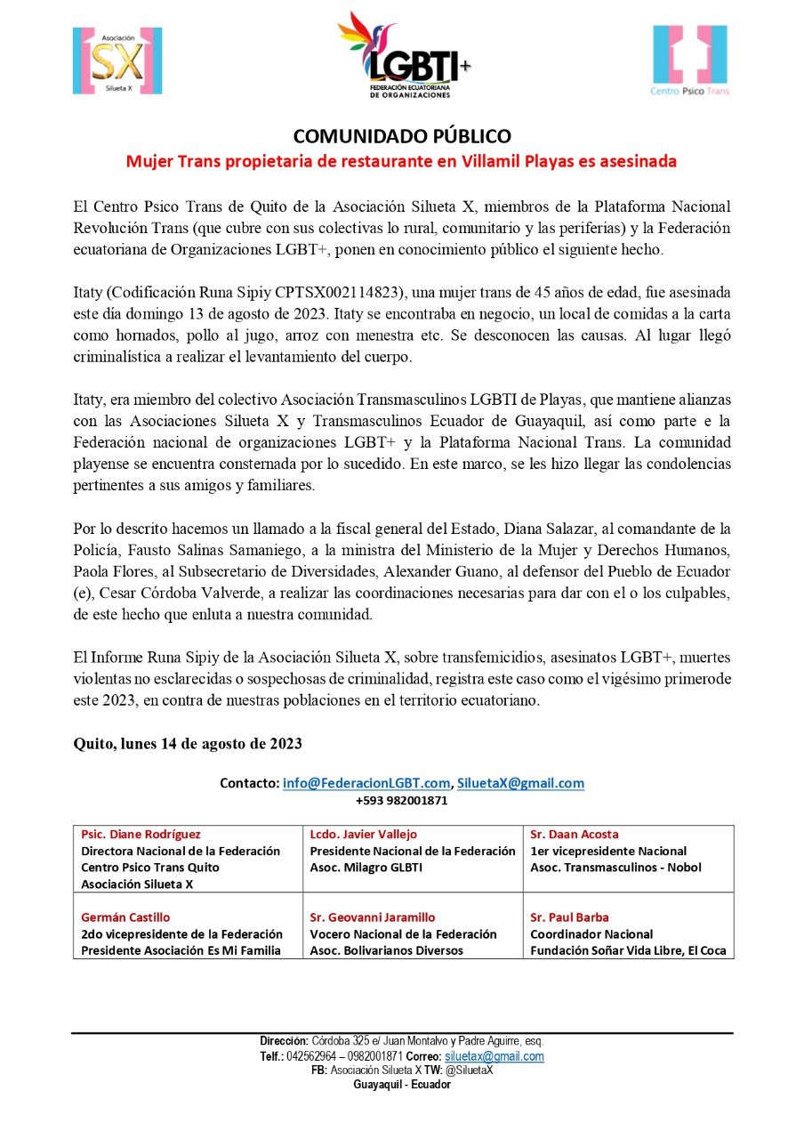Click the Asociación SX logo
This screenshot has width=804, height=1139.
tap(117, 61)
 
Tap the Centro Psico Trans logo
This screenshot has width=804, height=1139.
tap(689, 61)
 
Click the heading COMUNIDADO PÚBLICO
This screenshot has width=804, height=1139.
tap(402, 136)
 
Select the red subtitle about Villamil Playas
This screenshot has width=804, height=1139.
tap(401, 162)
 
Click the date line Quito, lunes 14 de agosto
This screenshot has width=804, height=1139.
tap(188, 744)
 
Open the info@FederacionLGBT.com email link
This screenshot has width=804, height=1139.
tap(366, 783)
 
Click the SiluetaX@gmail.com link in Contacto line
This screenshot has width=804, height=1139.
tap(520, 783)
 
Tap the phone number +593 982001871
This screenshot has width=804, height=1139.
tap(401, 800)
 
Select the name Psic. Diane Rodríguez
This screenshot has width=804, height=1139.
tap(141, 835)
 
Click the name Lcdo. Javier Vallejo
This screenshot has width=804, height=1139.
tap(363, 835)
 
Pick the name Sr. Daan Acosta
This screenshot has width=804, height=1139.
tap(575, 835)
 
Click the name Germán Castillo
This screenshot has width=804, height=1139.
tap(125, 917)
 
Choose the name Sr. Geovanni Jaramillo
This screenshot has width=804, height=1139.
tap(373, 917)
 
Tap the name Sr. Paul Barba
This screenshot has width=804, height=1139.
tap(570, 917)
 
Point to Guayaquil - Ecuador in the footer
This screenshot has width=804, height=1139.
tap(402, 1085)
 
